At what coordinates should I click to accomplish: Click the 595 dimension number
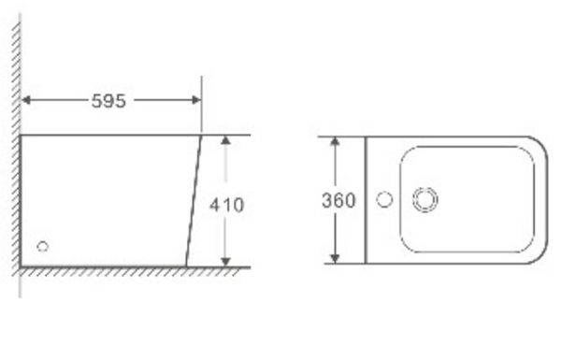click(108, 101)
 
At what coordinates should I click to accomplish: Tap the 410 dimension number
click(227, 205)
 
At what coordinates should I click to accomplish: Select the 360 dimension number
click(338, 200)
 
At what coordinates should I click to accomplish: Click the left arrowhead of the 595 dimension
click(26, 100)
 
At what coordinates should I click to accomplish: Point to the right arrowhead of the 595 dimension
click(196, 100)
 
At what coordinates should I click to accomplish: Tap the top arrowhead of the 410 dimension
click(225, 140)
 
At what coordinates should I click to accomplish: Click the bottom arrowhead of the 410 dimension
click(225, 262)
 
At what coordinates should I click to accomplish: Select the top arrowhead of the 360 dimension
click(335, 141)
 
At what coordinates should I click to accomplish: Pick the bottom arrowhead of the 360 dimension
click(335, 258)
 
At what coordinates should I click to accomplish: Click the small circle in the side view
click(43, 247)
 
